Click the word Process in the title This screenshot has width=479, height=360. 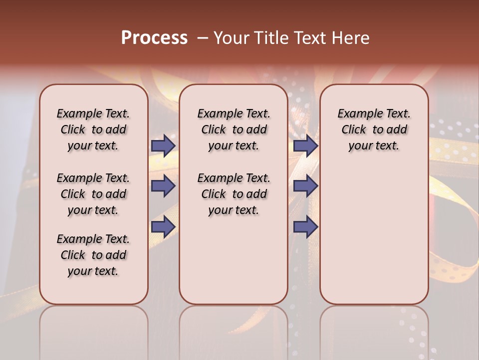[x=154, y=38]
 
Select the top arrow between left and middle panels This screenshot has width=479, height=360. [x=163, y=145]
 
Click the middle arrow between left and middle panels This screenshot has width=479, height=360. [x=163, y=186]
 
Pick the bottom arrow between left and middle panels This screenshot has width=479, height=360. [x=163, y=227]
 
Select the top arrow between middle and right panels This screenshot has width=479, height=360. [x=305, y=145]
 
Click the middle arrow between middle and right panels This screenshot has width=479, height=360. [x=305, y=186]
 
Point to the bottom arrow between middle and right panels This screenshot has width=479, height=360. [x=305, y=227]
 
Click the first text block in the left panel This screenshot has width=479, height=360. [x=93, y=129]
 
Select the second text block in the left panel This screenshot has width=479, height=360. [x=93, y=194]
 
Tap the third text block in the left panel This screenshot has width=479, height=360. [x=93, y=255]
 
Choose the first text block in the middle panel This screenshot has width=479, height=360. [x=234, y=129]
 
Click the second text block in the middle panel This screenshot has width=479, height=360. [x=234, y=194]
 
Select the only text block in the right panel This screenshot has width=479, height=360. [x=374, y=129]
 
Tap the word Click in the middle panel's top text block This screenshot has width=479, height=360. [x=214, y=130]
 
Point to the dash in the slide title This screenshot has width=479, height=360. [x=203, y=38]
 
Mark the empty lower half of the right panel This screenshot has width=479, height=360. [x=374, y=240]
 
